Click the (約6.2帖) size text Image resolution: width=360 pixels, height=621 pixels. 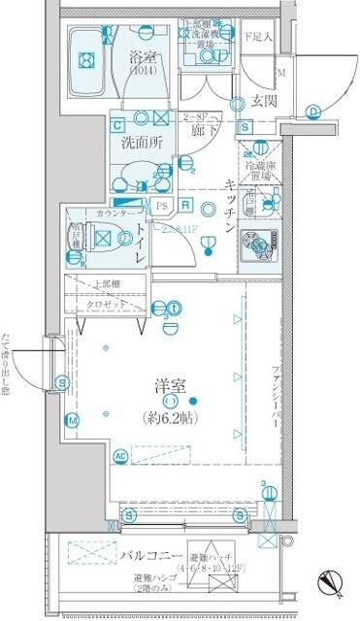point(176,418)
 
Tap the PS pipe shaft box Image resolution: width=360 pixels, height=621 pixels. point(161,206)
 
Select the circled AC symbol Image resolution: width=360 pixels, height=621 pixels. point(121,455)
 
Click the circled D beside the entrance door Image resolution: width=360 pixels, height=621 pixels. point(313,111)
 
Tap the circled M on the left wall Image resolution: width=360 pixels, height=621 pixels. point(72,420)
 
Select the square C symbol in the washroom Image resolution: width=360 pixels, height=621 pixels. point(116,124)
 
